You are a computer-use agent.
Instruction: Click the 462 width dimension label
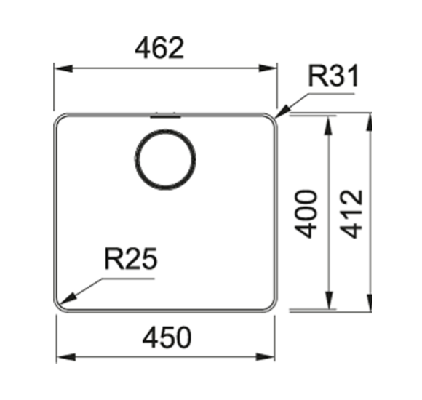click(x=159, y=48)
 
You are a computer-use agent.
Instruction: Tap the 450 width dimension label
click(x=167, y=337)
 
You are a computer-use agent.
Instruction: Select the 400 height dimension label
click(x=306, y=214)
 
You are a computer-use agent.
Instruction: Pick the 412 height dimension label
click(x=351, y=214)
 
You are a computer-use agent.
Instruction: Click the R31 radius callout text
click(x=333, y=76)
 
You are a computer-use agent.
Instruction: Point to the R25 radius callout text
click(x=130, y=258)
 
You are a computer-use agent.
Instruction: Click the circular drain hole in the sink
click(x=165, y=159)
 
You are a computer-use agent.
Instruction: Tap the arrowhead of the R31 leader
click(x=282, y=112)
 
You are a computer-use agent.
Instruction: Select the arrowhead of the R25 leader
click(x=67, y=299)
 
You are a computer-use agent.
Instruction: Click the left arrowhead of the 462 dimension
click(x=63, y=68)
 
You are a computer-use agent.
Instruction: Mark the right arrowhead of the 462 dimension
click(x=268, y=68)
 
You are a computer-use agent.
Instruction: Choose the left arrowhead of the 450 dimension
click(x=66, y=357)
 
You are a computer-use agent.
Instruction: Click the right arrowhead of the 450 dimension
click(x=266, y=357)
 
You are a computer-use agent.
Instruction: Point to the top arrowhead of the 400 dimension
click(x=329, y=125)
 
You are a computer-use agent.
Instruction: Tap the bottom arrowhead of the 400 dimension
click(x=329, y=300)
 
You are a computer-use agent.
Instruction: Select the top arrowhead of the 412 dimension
click(x=370, y=122)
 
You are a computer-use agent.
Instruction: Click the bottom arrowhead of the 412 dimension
click(x=370, y=303)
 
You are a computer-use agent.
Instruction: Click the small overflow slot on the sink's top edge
click(x=165, y=116)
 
